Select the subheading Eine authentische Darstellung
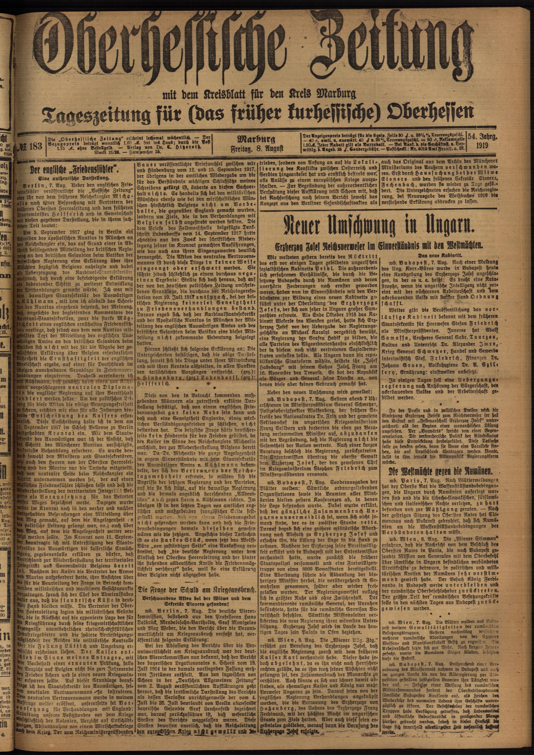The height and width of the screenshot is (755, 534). pos(75,179)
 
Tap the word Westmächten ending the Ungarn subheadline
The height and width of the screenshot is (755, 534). pos(455,245)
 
